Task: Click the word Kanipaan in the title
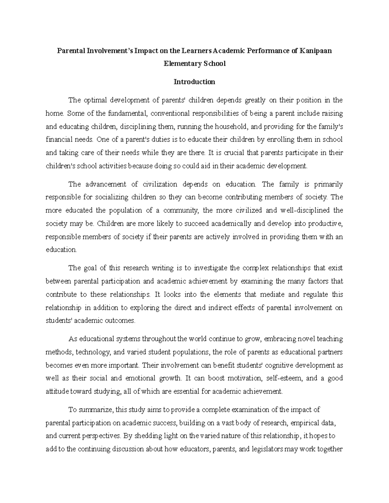(x=316, y=51)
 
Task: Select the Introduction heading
(x=194, y=82)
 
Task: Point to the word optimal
(x=95, y=100)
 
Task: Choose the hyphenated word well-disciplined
(x=305, y=210)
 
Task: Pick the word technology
(x=94, y=352)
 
